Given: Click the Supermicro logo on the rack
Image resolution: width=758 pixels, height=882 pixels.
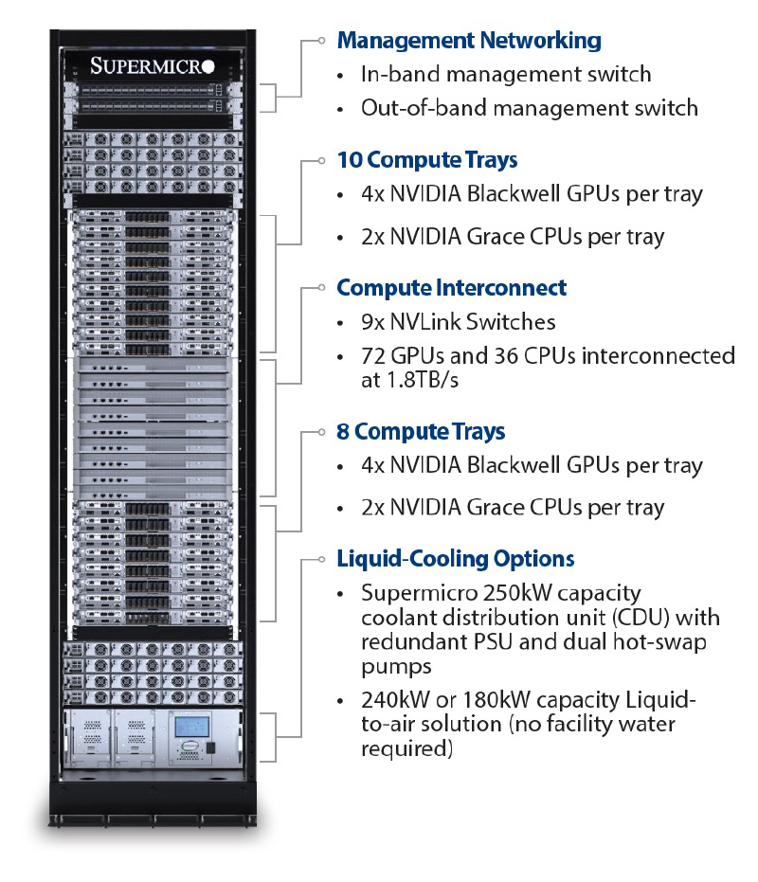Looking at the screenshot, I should (153, 65).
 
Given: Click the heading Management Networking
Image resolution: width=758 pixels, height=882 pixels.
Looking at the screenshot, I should (469, 41).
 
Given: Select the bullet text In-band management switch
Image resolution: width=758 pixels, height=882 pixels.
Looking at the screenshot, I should (506, 74).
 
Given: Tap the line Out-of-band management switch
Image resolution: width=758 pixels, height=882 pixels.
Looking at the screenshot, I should (529, 108).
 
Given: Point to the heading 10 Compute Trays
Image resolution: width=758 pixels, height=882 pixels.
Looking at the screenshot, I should (427, 160).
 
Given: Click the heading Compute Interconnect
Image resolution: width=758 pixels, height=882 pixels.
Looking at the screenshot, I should (452, 288).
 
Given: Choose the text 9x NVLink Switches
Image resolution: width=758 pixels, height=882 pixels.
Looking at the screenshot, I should (458, 322).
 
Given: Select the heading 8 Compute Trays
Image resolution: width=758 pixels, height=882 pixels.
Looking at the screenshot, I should (421, 432).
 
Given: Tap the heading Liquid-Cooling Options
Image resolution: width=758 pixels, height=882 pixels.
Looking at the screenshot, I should (456, 559).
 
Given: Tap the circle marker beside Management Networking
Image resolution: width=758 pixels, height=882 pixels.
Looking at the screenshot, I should (323, 41).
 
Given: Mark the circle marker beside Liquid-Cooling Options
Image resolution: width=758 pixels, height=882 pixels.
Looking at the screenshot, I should (323, 559).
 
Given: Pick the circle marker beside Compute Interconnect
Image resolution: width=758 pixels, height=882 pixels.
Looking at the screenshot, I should (323, 288).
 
